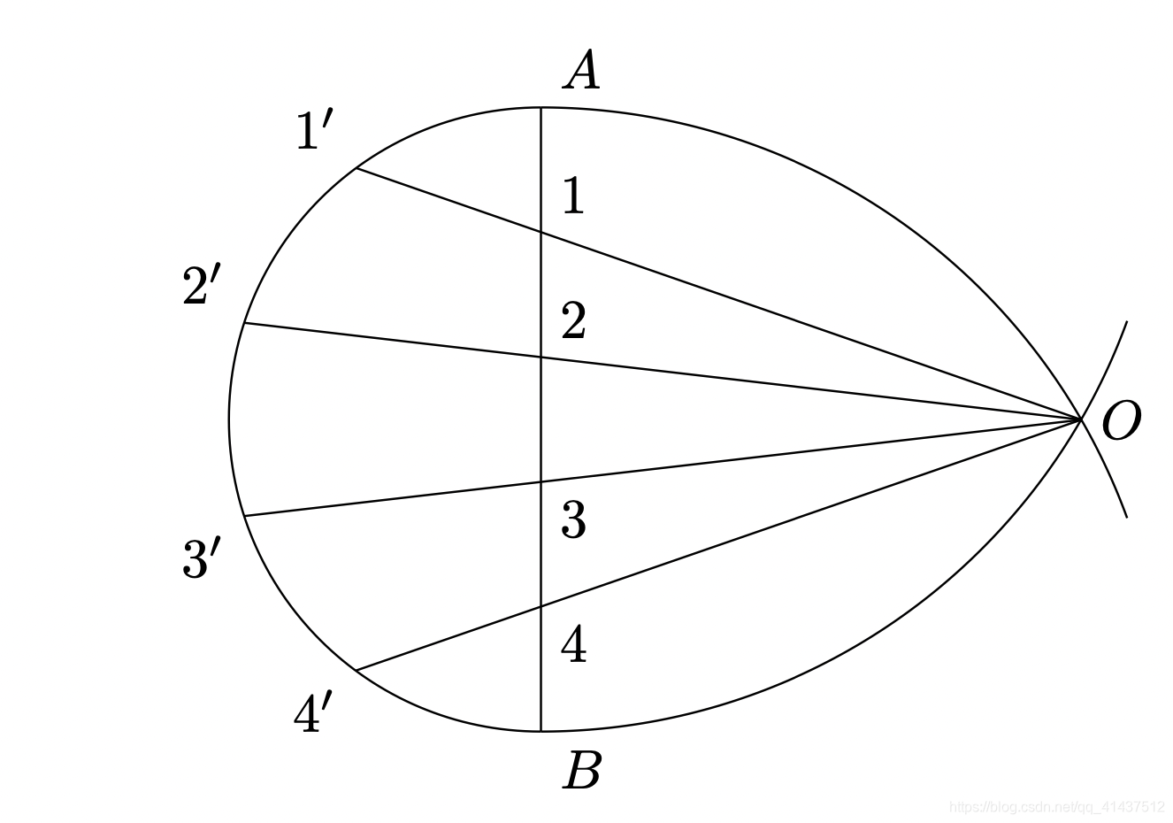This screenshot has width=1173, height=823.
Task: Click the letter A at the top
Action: pyautogui.click(x=581, y=72)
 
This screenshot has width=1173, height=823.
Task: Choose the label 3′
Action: pyautogui.click(x=201, y=560)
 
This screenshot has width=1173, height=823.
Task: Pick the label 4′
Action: pyautogui.click(x=313, y=714)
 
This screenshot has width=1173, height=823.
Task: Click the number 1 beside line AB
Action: pyautogui.click(x=573, y=196)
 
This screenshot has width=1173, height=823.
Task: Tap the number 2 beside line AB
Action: pyautogui.click(x=573, y=322)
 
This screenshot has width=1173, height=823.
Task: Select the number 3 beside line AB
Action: pyautogui.click(x=573, y=520)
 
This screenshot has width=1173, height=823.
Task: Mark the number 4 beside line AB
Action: pyautogui.click(x=573, y=644)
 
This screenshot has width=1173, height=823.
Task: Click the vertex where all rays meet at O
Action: pyautogui.click(x=1081, y=419)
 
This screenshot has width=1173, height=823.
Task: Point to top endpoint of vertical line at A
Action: pyautogui.click(x=541, y=108)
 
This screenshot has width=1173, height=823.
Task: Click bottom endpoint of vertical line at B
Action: pyautogui.click(x=541, y=731)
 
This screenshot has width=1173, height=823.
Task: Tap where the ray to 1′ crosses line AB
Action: pyautogui.click(x=541, y=233)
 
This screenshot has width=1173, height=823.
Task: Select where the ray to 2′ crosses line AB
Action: pyautogui.click(x=541, y=358)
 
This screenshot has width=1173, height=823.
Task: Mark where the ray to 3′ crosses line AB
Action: pyautogui.click(x=541, y=481)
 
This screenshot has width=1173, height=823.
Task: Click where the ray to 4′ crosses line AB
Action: pyautogui.click(x=541, y=606)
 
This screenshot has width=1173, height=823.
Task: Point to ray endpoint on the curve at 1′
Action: pyautogui.click(x=356, y=168)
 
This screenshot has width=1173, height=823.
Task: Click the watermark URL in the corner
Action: pyautogui.click(x=1056, y=806)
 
